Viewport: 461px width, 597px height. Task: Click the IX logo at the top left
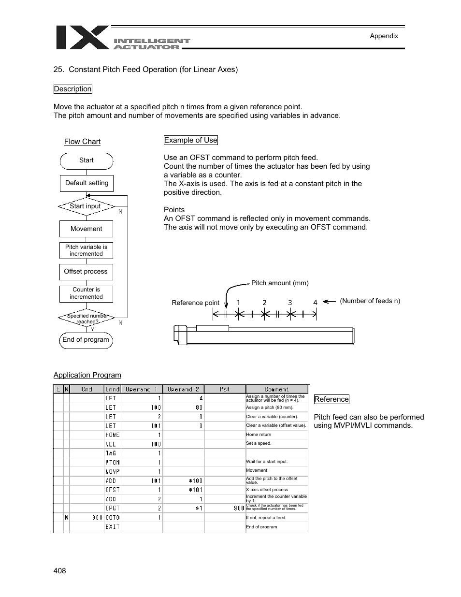pyautogui.click(x=82, y=38)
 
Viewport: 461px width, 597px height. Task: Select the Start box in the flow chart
pyautogui.click(x=86, y=160)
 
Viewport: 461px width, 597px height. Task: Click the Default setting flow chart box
pyautogui.click(x=86, y=183)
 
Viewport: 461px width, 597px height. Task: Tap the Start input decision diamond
pyautogui.click(x=86, y=206)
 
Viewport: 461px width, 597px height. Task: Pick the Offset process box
pyautogui.click(x=86, y=272)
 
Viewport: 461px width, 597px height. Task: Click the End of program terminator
pyautogui.click(x=86, y=340)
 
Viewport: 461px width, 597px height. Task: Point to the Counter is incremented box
pyautogui.click(x=86, y=293)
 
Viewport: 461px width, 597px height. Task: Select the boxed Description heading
pyautogui.click(x=72, y=89)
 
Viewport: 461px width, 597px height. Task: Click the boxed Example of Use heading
pyautogui.click(x=190, y=140)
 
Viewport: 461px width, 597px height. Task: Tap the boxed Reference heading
pyautogui.click(x=331, y=399)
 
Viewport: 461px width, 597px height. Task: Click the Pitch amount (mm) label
pyautogui.click(x=280, y=283)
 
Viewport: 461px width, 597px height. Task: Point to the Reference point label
pyautogui.click(x=195, y=303)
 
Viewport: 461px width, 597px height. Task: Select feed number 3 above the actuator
pyautogui.click(x=290, y=303)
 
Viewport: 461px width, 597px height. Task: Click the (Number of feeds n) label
pyautogui.click(x=370, y=301)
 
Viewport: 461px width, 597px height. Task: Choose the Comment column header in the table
pyautogui.click(x=276, y=389)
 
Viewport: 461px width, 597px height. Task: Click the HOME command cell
pyautogui.click(x=112, y=435)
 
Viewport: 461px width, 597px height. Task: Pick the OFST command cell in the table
pyautogui.click(x=112, y=490)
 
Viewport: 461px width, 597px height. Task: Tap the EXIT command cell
pyautogui.click(x=112, y=526)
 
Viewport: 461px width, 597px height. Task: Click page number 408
pyautogui.click(x=59, y=571)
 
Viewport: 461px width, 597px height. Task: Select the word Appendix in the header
pyautogui.click(x=384, y=36)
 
